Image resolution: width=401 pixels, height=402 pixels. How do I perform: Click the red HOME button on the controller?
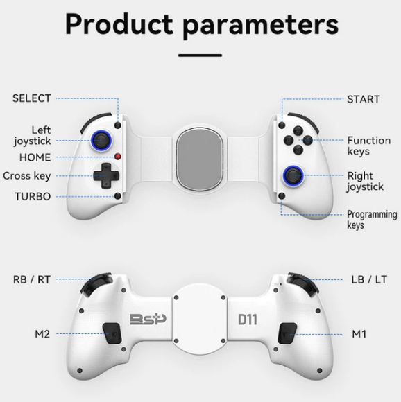tap(118, 157)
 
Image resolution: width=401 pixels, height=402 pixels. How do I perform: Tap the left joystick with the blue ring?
tap(101, 141)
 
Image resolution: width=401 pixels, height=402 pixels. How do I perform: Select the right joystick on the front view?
tap(293, 175)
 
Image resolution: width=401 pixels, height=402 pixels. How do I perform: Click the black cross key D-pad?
tap(106, 176)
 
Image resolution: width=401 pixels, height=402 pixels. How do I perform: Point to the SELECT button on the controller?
tap(118, 125)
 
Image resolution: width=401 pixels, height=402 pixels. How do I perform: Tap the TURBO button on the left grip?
tap(118, 196)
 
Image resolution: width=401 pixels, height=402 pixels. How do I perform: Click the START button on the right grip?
tap(282, 125)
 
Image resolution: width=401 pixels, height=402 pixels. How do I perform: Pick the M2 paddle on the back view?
tap(112, 333)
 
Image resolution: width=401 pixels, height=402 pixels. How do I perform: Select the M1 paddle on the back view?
tap(287, 333)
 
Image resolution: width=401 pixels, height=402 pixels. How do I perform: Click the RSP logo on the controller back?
tap(148, 320)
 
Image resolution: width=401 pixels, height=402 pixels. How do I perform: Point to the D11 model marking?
tap(248, 320)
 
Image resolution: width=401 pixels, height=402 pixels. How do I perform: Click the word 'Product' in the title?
tap(119, 24)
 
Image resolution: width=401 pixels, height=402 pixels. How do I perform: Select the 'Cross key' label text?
tap(27, 176)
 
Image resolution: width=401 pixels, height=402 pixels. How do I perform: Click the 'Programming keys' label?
tap(372, 220)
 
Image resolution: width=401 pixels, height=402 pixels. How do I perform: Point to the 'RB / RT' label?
tap(32, 279)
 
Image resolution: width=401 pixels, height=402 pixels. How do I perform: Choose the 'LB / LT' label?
tap(369, 279)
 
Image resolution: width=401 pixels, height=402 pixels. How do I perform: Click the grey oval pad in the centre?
tap(200, 158)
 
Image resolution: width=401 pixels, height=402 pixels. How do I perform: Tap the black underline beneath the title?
tap(200, 55)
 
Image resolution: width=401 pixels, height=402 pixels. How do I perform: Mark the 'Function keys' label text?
tap(369, 146)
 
